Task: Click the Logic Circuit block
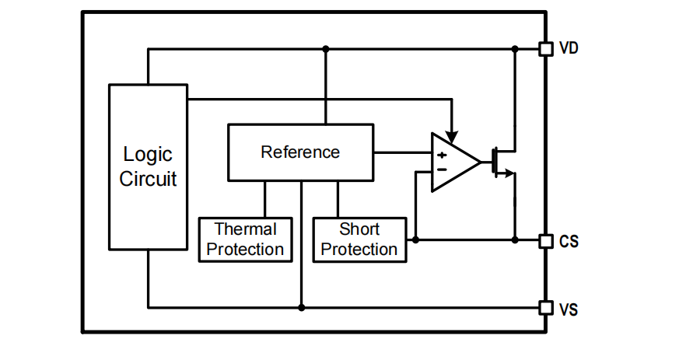[148, 166]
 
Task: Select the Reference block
[300, 152]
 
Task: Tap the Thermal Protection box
[245, 239]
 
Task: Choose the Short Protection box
[359, 239]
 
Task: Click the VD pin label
[569, 49]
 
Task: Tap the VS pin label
[569, 309]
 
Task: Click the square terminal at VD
[546, 49]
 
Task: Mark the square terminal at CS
[546, 240]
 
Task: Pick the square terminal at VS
[546, 308]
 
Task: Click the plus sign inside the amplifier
[442, 155]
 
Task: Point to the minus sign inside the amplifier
[442, 169]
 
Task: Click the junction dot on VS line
[301, 308]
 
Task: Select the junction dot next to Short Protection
[415, 240]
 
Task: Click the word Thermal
[245, 229]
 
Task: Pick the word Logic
[148, 155]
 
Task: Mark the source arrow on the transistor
[509, 173]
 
